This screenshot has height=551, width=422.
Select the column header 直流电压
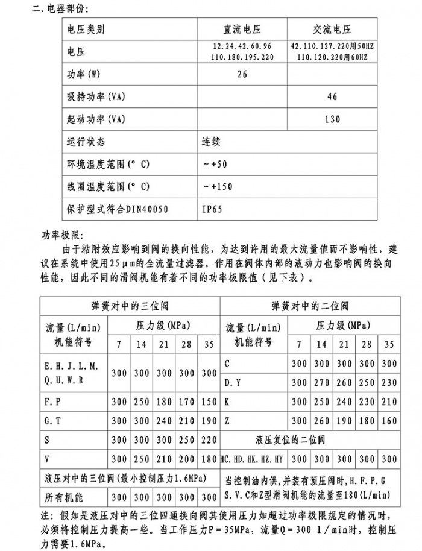pyautogui.click(x=242, y=29)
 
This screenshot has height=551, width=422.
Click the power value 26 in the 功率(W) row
pyautogui.click(x=242, y=74)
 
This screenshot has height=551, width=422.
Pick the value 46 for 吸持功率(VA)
pyautogui.click(x=332, y=96)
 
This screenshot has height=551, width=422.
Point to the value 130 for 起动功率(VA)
pyautogui.click(x=332, y=119)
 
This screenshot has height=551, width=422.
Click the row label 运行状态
pyautogui.click(x=86, y=142)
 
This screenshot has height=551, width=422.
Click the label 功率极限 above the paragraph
pyautogui.click(x=65, y=235)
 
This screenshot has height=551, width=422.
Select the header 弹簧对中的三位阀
pyautogui.click(x=130, y=306)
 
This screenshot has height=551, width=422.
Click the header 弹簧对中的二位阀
pyautogui.click(x=310, y=306)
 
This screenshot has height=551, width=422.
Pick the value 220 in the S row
pyautogui.click(x=209, y=440)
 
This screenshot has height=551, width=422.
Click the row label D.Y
pyautogui.click(x=233, y=382)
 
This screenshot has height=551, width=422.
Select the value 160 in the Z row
pyautogui.click(x=389, y=421)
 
